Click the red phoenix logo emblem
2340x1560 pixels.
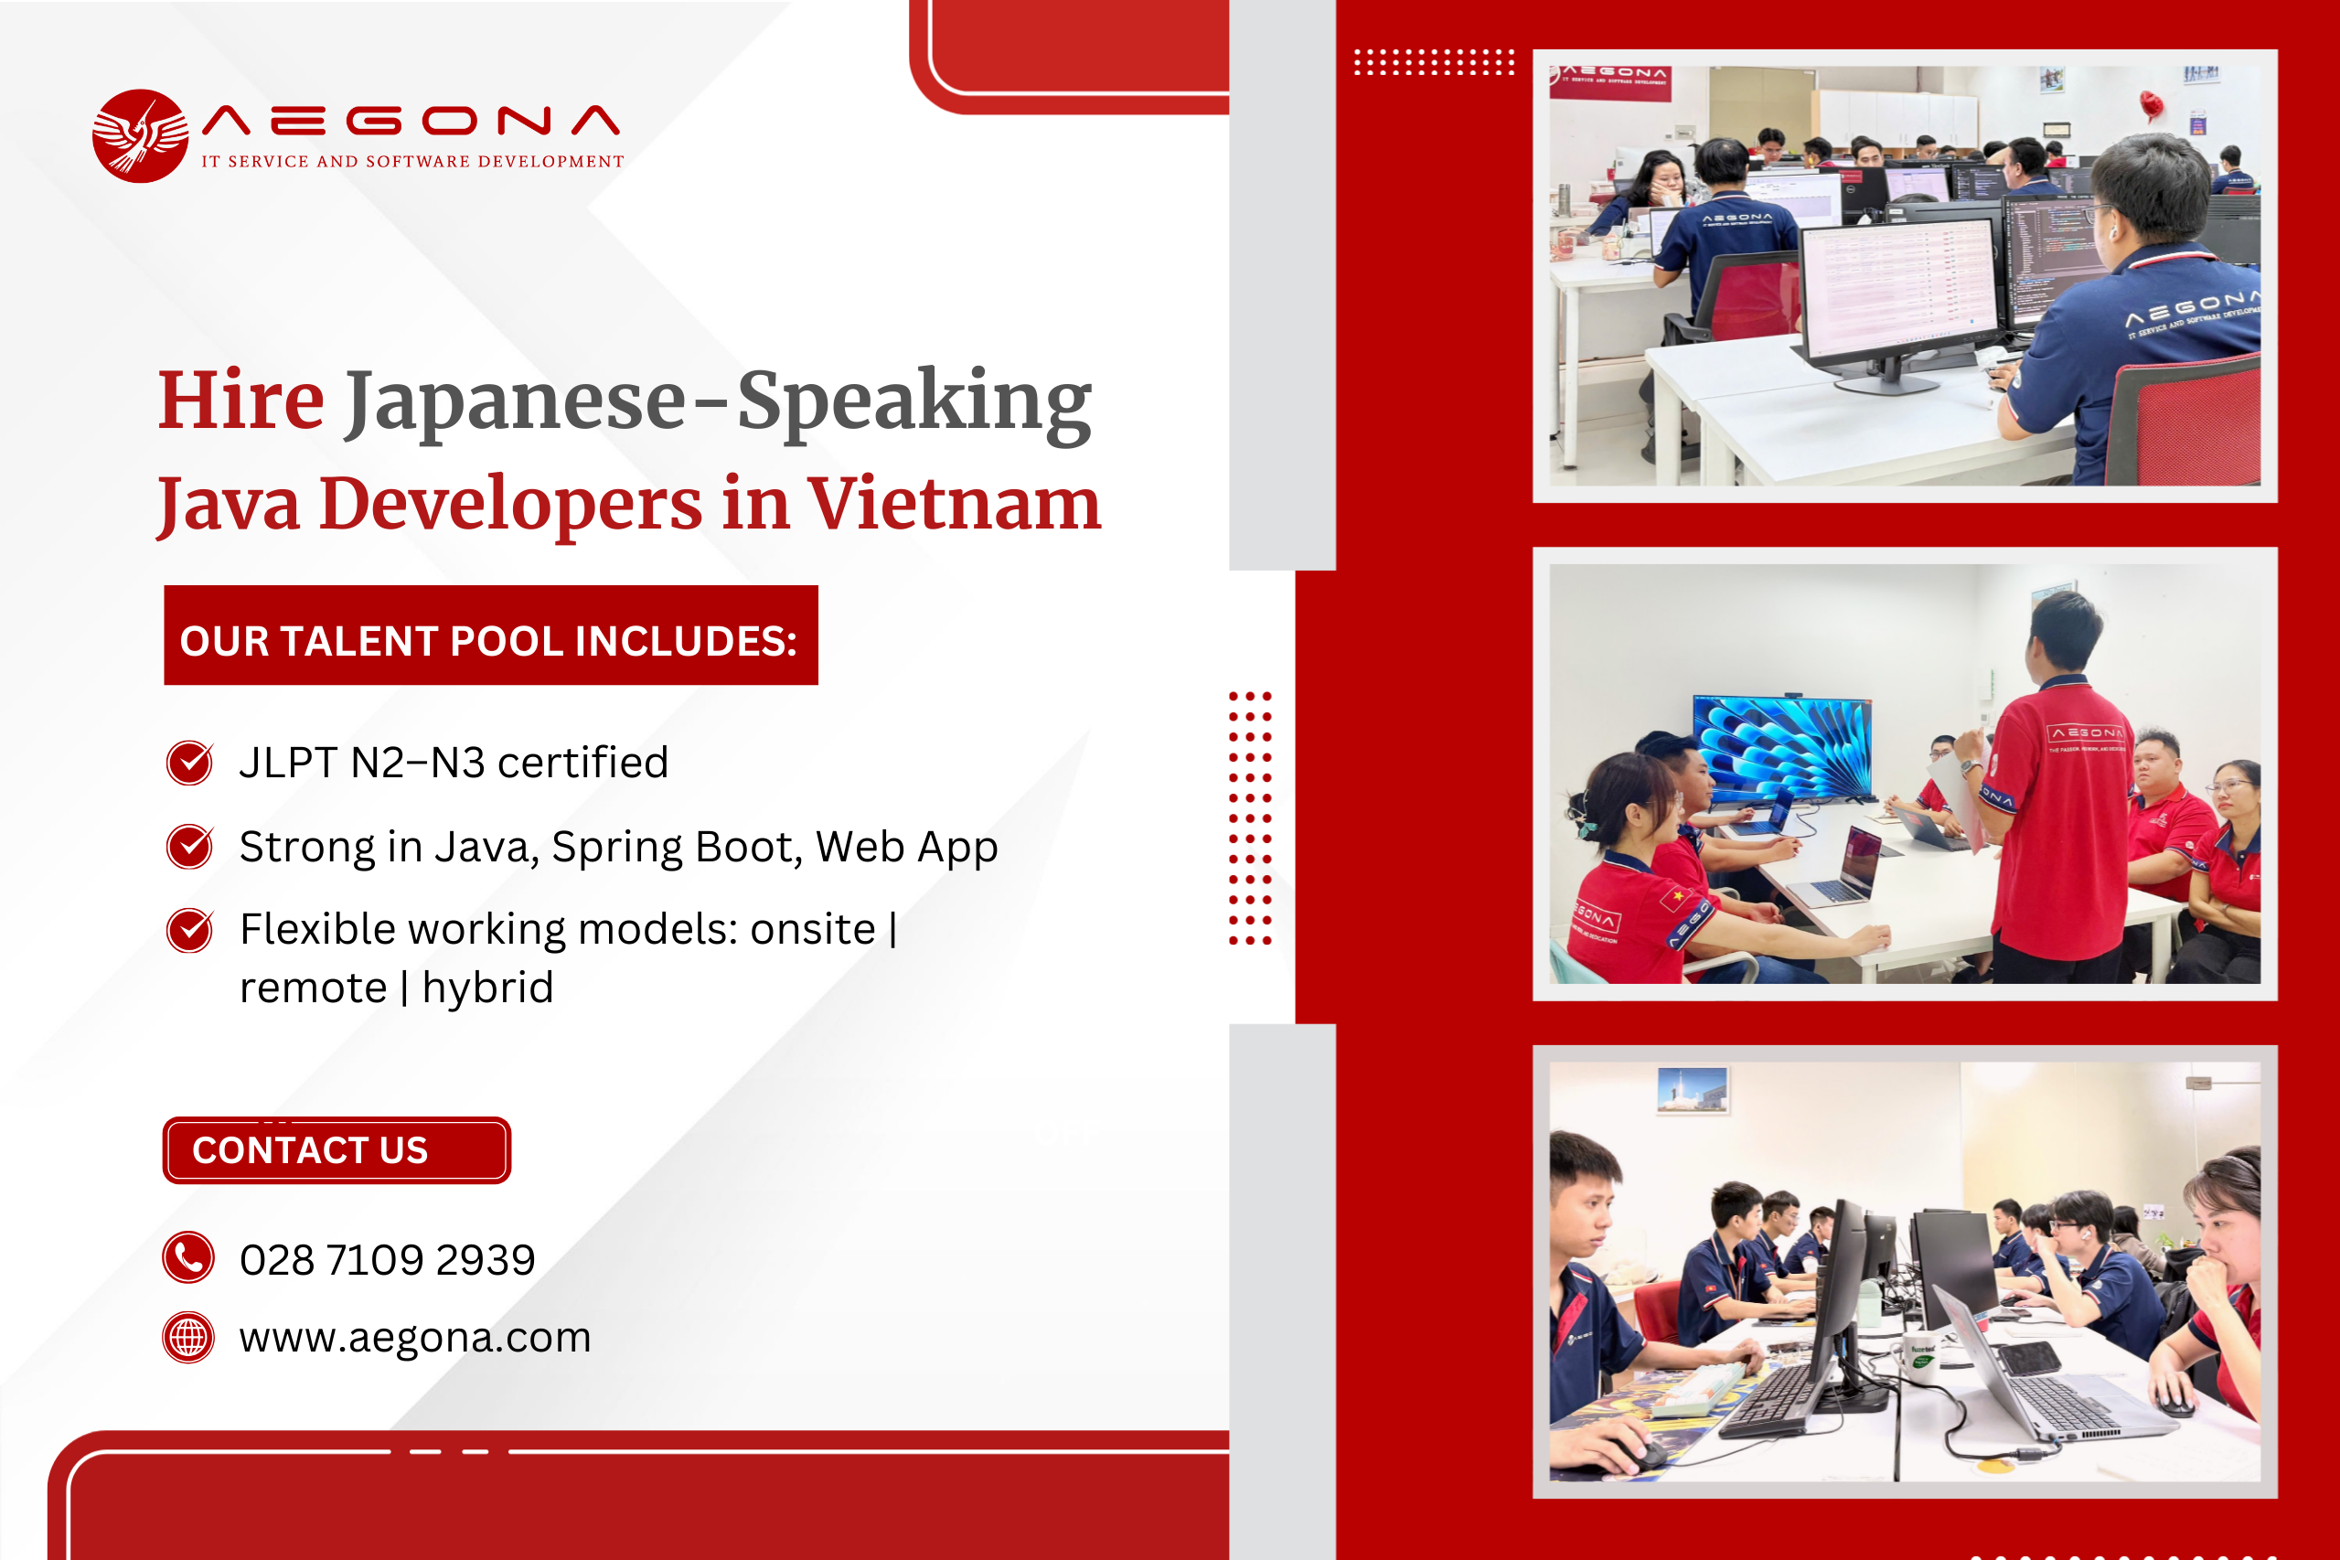[140, 136]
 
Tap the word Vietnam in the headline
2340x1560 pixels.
[954, 504]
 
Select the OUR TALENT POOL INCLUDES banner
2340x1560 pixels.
[490, 635]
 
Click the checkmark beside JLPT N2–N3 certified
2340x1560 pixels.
[189, 764]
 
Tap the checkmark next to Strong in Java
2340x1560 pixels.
[189, 847]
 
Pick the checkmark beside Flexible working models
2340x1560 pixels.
[189, 930]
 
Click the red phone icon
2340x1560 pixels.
[188, 1257]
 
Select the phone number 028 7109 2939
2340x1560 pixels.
[388, 1259]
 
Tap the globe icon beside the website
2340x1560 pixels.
[188, 1337]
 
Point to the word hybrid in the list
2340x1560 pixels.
[487, 988]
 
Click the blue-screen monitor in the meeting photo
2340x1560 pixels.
[1782, 747]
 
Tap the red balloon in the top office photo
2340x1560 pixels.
[2151, 103]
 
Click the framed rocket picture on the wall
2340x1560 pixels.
[1693, 1089]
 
